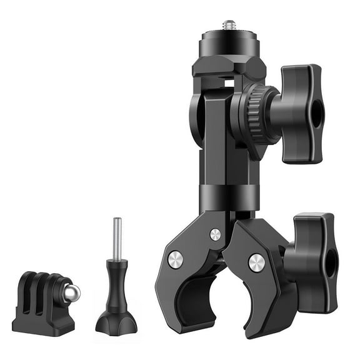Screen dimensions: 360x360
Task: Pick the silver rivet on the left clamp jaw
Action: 176,259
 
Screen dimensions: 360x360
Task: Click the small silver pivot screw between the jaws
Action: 215,234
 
